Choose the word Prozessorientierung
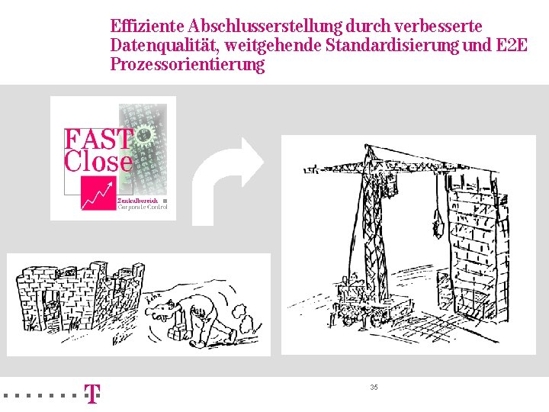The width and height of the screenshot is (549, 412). tap(187, 64)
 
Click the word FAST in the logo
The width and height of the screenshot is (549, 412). tap(98, 140)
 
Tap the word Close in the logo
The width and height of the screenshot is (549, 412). tap(98, 161)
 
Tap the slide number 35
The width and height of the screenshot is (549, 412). tap(374, 388)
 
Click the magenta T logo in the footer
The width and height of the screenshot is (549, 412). tap(91, 394)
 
